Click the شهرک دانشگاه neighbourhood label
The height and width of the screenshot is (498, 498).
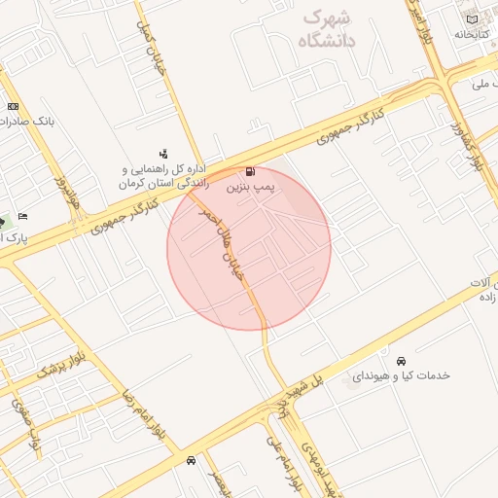point(328,29)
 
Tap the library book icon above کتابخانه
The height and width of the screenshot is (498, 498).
point(473,19)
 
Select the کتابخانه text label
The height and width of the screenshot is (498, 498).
point(471,34)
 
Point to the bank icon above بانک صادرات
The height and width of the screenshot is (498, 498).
point(13,106)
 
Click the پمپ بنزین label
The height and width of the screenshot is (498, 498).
point(252,183)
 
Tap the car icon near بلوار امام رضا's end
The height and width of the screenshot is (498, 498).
point(191,460)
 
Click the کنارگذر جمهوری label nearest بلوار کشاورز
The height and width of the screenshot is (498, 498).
point(350,126)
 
